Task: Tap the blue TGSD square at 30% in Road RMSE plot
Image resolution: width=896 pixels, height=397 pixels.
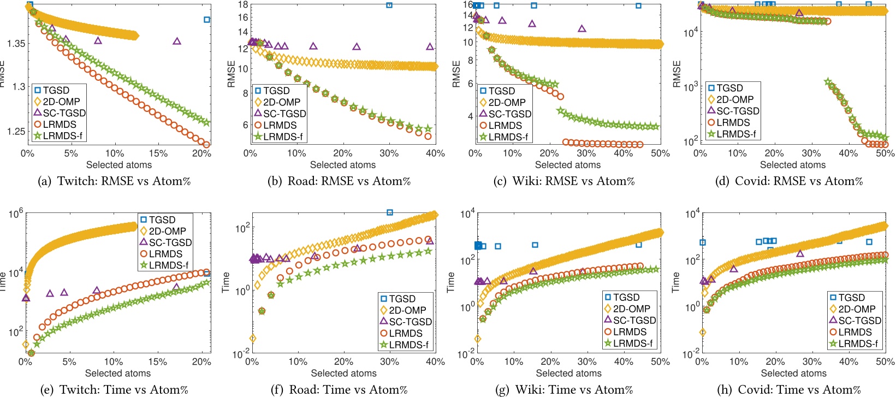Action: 389,5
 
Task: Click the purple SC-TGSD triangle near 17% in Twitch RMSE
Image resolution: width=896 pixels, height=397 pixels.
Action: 177,41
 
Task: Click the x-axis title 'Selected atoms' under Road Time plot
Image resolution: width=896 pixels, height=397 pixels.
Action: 343,374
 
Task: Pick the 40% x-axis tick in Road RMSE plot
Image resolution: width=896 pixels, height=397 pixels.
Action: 435,153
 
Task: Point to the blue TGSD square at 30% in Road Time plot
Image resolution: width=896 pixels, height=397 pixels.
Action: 389,212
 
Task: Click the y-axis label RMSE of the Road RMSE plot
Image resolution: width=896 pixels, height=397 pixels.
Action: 232,74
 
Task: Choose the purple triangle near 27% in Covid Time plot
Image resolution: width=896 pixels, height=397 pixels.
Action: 800,253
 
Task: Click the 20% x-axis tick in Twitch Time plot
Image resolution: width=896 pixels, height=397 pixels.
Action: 201,362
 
